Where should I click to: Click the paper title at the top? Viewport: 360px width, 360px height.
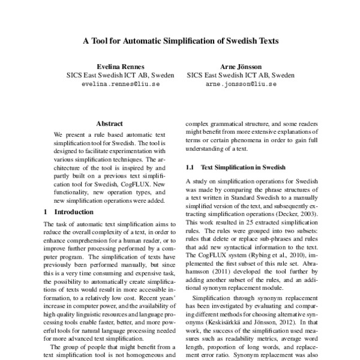[180, 43]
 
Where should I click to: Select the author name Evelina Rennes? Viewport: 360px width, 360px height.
[120, 66]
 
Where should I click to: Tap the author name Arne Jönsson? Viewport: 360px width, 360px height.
[241, 66]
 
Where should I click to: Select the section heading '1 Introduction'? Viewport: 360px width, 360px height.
[69, 212]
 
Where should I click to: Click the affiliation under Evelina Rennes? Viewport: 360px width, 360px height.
[120, 76]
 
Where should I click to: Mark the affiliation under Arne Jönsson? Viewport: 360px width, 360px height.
[241, 76]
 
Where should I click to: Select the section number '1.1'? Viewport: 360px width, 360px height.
[191, 166]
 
